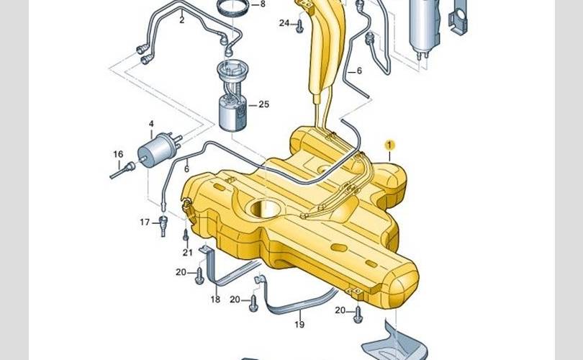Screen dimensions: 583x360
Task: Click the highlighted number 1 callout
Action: pyautogui.click(x=389, y=145)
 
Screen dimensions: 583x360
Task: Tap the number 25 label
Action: pyautogui.click(x=263, y=104)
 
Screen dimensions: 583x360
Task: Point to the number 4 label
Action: pyautogui.click(x=151, y=124)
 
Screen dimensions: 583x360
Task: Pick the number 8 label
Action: pyautogui.click(x=263, y=4)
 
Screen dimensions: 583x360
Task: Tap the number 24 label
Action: pyautogui.click(x=284, y=23)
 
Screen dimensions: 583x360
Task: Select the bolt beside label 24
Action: pyautogui.click(x=299, y=27)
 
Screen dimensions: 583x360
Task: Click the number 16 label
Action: pyautogui.click(x=118, y=154)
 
